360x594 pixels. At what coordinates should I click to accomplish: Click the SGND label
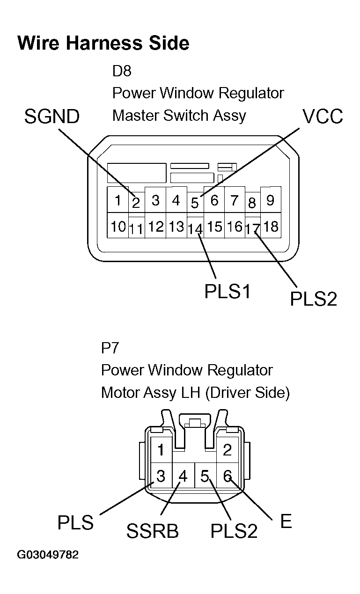[x=52, y=117]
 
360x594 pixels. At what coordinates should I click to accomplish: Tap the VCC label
[x=323, y=117]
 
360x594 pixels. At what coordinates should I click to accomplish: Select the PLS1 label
[x=228, y=292]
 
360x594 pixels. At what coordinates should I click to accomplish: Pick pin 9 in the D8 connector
[x=270, y=200]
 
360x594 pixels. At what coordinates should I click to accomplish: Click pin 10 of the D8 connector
[x=118, y=227]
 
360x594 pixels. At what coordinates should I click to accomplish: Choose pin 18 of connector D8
[x=271, y=227]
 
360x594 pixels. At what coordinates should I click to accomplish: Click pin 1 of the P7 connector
[x=161, y=450]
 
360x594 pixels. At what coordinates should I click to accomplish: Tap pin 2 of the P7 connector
[x=228, y=450]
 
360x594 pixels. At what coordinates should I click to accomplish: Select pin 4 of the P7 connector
[x=183, y=477]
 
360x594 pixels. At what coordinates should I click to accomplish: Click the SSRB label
[x=153, y=531]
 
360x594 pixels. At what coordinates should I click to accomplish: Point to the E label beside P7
[x=286, y=521]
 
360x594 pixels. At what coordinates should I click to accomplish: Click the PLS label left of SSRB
[x=75, y=522]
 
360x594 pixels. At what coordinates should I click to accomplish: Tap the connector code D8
[x=122, y=71]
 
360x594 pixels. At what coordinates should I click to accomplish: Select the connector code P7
[x=110, y=348]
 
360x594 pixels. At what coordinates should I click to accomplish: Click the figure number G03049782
[x=48, y=555]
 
